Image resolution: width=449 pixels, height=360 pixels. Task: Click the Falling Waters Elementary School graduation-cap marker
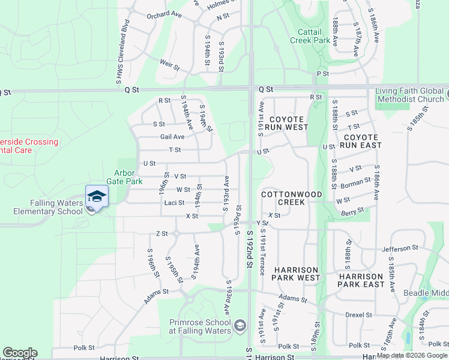point(97,196)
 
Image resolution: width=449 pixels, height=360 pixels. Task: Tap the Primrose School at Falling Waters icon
point(240,326)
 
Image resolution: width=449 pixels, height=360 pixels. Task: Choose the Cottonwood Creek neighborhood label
point(292,199)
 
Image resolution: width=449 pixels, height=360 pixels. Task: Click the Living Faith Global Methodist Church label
point(409,95)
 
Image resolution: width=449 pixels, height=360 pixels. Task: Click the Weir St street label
point(170,62)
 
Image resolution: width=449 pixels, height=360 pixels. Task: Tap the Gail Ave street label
point(172,137)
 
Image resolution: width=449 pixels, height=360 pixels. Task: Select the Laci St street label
point(174,203)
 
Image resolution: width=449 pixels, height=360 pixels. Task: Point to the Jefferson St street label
point(400,248)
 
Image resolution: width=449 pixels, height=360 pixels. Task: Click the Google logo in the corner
point(20,353)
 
